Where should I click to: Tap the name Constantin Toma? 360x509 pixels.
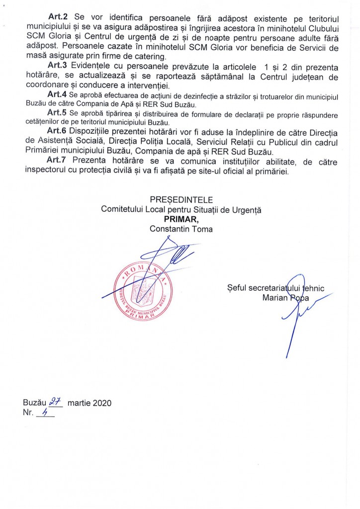coord(181,229)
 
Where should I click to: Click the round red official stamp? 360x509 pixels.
coord(139,291)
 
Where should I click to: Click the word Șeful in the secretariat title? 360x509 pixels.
coord(237,287)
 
